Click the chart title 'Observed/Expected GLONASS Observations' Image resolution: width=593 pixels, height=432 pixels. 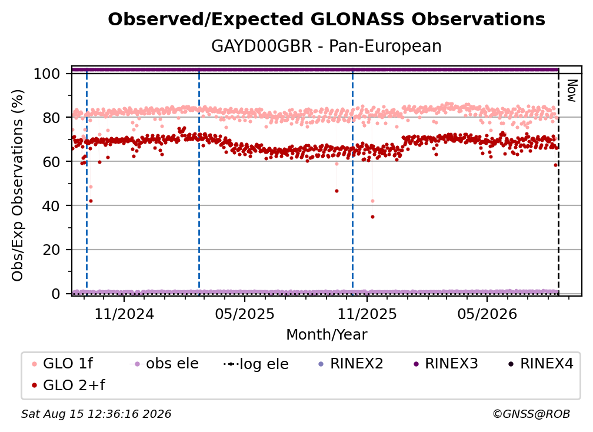coord(327,19)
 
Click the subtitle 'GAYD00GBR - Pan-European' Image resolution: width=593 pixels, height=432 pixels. coord(327,46)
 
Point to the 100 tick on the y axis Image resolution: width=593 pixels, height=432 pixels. coord(47,74)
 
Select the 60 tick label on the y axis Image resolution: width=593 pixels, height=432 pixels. coord(51,161)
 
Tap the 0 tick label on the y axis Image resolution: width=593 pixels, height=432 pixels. coord(56,294)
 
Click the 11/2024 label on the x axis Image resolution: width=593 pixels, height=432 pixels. coord(124,314)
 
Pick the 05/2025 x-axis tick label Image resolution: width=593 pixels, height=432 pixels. coord(245,314)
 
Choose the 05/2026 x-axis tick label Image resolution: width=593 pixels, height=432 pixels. coord(487,314)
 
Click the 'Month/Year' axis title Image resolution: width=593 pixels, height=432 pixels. coord(327,335)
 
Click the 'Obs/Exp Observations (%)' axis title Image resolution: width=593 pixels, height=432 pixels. coord(18,185)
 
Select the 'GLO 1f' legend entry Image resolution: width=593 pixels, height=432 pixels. coord(63,364)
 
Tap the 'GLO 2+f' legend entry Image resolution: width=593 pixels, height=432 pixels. coord(69,385)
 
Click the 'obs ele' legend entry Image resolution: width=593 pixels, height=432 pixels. coord(164,364)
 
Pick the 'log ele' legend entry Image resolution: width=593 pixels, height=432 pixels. coord(256,364)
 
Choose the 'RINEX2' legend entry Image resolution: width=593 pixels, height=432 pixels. coord(351,364)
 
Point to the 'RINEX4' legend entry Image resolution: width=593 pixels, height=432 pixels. coord(541,364)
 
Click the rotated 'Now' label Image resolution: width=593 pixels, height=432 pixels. coord(572,91)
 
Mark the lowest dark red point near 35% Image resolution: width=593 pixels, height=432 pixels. coord(372,217)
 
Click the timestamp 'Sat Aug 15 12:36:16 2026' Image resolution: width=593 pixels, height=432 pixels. coord(96,414)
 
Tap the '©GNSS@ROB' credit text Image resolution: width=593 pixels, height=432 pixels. coord(531,414)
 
